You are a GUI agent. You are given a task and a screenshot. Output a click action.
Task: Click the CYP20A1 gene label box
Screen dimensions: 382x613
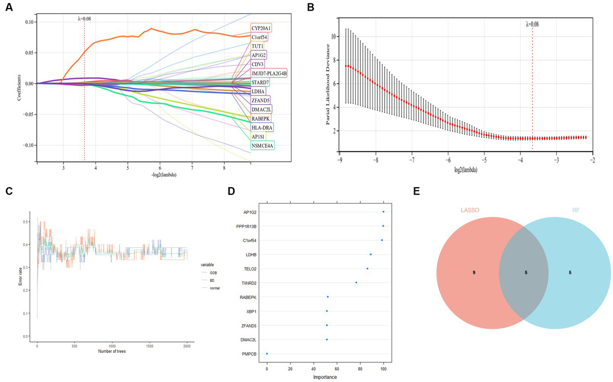click(261, 28)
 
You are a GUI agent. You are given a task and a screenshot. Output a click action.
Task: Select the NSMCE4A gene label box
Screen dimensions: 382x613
click(262, 146)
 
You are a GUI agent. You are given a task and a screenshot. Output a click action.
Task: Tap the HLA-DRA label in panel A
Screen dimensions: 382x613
click(262, 128)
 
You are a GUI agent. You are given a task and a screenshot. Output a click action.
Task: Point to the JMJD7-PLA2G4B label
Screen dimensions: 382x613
click(269, 73)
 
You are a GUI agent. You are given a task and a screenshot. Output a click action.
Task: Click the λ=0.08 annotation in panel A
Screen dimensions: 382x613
click(84, 18)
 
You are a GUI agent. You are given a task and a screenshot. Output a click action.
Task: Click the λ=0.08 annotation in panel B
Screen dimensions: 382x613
click(532, 24)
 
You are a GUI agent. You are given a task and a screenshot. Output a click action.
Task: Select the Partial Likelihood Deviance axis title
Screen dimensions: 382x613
click(328, 84)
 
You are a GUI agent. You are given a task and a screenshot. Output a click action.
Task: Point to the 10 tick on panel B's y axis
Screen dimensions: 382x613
click(331, 37)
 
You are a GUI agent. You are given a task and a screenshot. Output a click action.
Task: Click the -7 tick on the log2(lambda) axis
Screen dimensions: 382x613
click(412, 160)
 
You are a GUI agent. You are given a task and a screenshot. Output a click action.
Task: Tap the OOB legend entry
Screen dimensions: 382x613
click(212, 273)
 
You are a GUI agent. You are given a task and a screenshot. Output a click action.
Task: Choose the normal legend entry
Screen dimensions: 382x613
click(214, 288)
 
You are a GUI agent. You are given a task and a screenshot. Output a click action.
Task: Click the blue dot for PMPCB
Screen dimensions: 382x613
click(267, 354)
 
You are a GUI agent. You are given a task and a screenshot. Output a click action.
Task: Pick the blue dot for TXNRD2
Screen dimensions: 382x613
click(356, 283)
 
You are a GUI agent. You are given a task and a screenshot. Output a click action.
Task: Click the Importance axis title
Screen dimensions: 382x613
click(325, 377)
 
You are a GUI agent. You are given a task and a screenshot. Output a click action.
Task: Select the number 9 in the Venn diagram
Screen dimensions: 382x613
click(474, 273)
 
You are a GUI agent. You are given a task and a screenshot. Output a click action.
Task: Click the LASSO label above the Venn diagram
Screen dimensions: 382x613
click(470, 210)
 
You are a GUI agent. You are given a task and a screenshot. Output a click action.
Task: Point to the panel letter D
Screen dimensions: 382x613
click(231, 192)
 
